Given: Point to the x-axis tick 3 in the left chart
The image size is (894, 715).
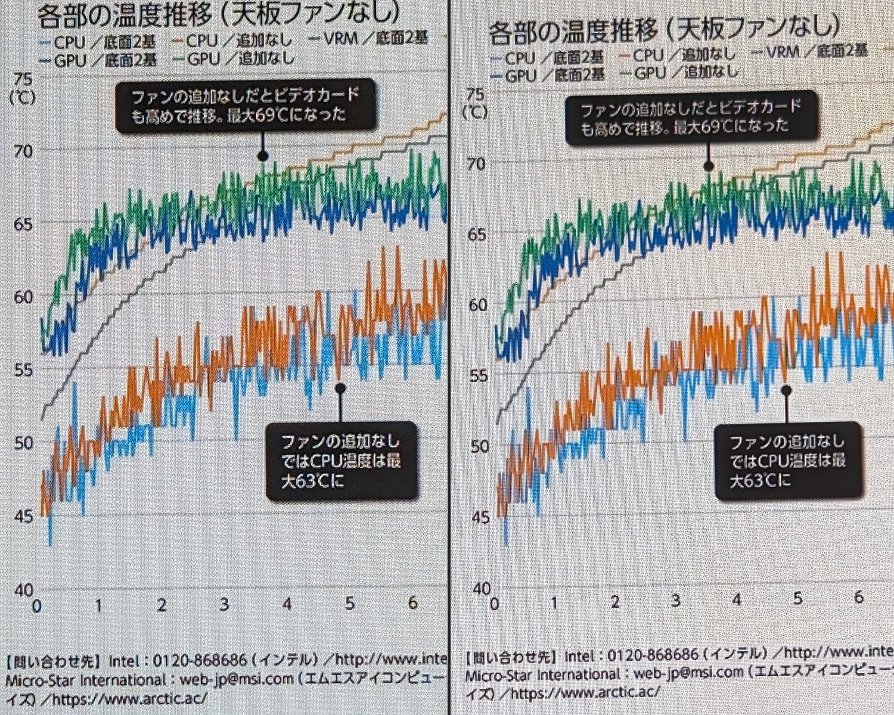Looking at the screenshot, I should click(224, 604).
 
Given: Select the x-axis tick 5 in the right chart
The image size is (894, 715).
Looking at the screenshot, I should click(797, 598).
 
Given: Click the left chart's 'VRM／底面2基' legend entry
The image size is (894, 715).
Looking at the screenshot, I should click(368, 39).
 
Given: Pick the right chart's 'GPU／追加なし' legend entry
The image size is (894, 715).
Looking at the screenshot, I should click(679, 73).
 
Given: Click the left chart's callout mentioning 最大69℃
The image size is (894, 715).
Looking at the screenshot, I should click(246, 105).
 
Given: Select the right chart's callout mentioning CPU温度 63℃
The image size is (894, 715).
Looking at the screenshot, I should click(787, 461).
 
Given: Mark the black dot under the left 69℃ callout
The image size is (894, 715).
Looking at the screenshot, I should click(262, 156).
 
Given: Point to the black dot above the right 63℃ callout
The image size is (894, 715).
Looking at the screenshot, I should click(786, 390).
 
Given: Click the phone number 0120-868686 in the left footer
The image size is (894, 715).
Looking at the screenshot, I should click(200, 660).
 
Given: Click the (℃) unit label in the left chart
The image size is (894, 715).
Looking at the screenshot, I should click(23, 97).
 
